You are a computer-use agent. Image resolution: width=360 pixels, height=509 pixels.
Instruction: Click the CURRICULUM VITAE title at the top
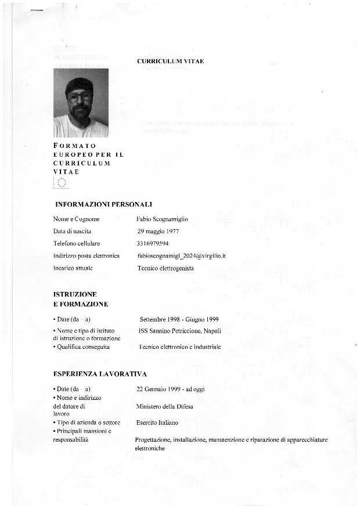pyautogui.click(x=170, y=61)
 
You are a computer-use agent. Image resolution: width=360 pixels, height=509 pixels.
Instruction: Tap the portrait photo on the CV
pyautogui.click(x=81, y=103)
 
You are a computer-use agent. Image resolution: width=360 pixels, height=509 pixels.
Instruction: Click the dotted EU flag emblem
pyautogui.click(x=62, y=183)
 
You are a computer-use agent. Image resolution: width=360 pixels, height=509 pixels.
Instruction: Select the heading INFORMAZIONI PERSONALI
pyautogui.click(x=103, y=204)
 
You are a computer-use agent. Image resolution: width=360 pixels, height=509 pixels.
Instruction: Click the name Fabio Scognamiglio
pyautogui.click(x=162, y=219)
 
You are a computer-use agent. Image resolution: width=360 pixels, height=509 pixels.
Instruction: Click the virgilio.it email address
pyautogui.click(x=181, y=255)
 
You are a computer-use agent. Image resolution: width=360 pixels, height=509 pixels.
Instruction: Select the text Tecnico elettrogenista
pyautogui.click(x=165, y=268)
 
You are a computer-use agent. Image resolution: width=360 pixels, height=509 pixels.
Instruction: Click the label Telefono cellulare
pyautogui.click(x=77, y=243)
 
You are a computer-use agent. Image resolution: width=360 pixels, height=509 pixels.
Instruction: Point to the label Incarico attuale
pyautogui.click(x=73, y=268)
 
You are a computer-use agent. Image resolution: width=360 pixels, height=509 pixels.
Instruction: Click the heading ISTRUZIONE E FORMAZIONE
pyautogui.click(x=81, y=299)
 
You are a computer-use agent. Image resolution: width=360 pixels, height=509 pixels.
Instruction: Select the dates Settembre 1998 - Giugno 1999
pyautogui.click(x=179, y=319)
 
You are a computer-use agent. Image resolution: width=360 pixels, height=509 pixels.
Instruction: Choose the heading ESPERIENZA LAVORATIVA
pyautogui.click(x=100, y=374)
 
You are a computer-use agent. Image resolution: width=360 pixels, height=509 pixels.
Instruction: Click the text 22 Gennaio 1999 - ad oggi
pyautogui.click(x=170, y=388)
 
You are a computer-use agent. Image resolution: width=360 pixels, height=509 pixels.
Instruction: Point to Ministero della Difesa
pyautogui.click(x=164, y=406)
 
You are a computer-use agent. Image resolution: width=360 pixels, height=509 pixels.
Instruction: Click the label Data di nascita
pyautogui.click(x=73, y=231)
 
